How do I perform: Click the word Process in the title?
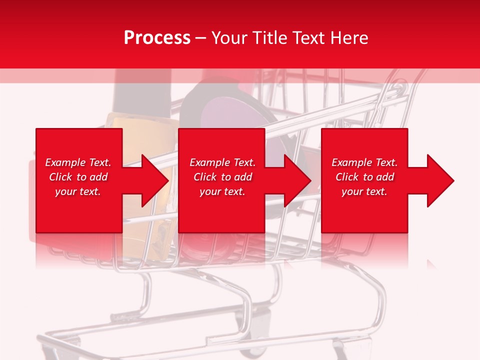pos(157,38)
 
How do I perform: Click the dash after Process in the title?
pos(200,39)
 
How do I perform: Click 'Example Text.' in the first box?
pos(78,162)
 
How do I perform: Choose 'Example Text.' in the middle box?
pos(222,162)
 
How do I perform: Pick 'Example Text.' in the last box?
pos(364,162)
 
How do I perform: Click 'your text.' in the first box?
pos(78,191)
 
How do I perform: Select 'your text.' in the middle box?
pos(222,191)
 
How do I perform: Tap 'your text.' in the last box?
pos(364,191)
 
